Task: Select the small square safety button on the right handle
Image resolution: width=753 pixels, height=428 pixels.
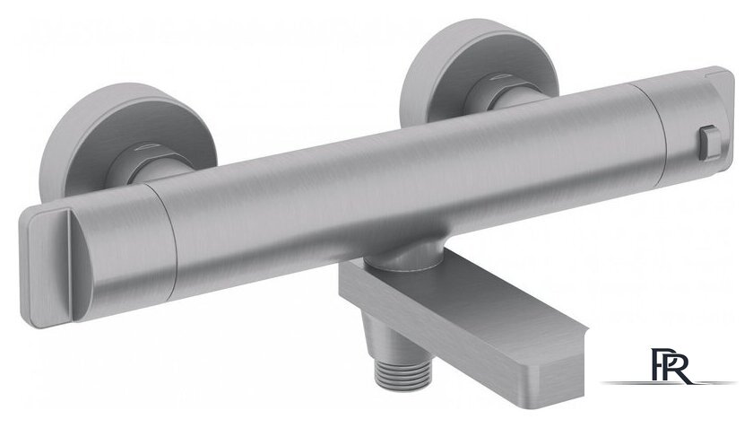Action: pyautogui.click(x=710, y=142)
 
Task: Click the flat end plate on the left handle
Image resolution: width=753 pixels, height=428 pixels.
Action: pyautogui.click(x=46, y=266)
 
